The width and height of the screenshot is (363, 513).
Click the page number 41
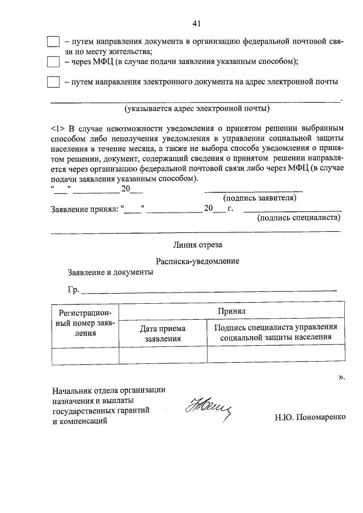point(197,24)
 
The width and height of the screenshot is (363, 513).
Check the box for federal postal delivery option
point(53,42)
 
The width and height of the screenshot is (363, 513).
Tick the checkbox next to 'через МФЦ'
point(53,61)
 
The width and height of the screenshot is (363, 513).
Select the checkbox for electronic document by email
point(53,82)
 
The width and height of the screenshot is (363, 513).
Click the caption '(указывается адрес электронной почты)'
point(197,108)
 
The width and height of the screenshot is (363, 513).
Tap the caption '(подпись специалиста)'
point(298,217)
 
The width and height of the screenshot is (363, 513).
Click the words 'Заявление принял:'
point(85,209)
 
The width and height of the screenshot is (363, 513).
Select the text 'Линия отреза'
point(197,245)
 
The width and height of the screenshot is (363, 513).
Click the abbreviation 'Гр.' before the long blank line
point(74,290)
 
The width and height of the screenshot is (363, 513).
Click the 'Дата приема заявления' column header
point(163,333)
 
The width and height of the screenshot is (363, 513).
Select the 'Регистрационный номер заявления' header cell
point(85,323)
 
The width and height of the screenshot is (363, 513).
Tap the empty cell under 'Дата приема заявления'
point(163,354)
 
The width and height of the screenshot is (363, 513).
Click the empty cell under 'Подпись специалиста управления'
point(276,354)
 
